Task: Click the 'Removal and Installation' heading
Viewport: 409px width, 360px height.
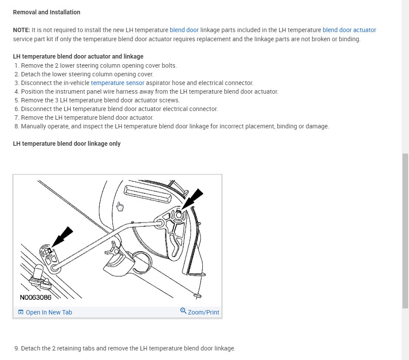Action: pyautogui.click(x=46, y=12)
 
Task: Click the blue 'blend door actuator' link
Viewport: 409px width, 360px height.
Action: pyautogui.click(x=349, y=30)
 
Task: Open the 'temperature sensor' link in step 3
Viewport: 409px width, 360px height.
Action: pyautogui.click(x=117, y=83)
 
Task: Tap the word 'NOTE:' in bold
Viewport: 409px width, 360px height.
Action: pyautogui.click(x=22, y=30)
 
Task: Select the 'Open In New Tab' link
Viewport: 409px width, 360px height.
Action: pyautogui.click(x=49, y=312)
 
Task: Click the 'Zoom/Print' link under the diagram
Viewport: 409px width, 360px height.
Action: pyautogui.click(x=203, y=312)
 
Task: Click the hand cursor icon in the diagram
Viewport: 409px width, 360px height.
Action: pyautogui.click(x=120, y=206)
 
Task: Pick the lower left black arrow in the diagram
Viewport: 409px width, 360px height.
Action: pyautogui.click(x=62, y=237)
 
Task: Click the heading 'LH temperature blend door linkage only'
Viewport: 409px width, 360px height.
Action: pyautogui.click(x=67, y=144)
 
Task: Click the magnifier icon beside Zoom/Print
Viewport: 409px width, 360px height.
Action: pyautogui.click(x=183, y=311)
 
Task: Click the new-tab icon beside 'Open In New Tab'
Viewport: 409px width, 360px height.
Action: pyautogui.click(x=21, y=312)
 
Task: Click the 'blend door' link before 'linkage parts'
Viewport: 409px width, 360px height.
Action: pyautogui.click(x=184, y=30)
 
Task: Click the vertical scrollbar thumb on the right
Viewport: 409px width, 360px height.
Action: pyautogui.click(x=405, y=230)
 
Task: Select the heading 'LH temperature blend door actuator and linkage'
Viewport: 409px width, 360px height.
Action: pyautogui.click(x=78, y=56)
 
